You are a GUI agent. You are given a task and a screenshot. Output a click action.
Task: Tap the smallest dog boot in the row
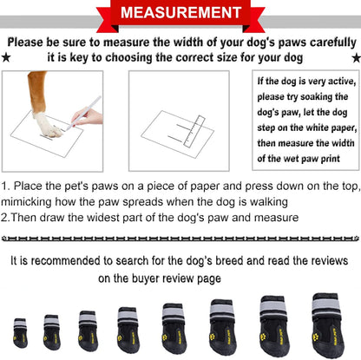(x=19, y=332)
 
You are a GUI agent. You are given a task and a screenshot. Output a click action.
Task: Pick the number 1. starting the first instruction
(x=7, y=187)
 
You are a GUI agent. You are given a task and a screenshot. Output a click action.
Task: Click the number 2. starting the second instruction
(x=7, y=217)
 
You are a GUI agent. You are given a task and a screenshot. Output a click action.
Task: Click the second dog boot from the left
(x=50, y=331)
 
